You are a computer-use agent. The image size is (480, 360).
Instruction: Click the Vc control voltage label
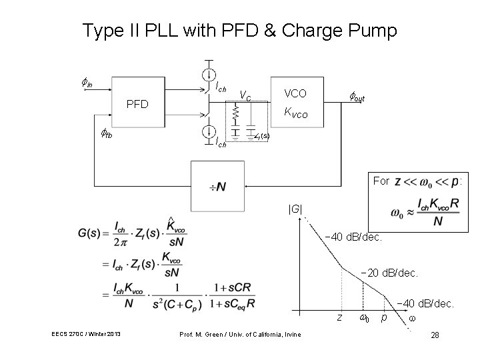point(245,97)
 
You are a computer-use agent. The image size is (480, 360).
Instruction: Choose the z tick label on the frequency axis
point(339,318)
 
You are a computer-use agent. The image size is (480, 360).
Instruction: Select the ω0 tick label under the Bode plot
point(365,318)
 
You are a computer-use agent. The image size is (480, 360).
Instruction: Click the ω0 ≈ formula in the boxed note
point(426,213)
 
